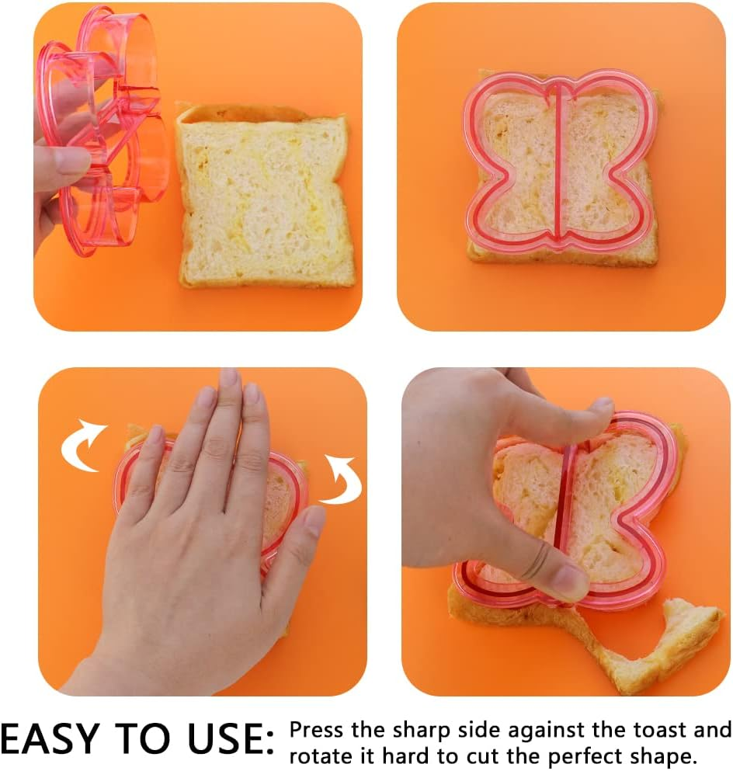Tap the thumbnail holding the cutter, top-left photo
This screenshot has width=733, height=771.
[x=71, y=161]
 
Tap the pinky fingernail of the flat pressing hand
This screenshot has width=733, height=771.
[x=314, y=520]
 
